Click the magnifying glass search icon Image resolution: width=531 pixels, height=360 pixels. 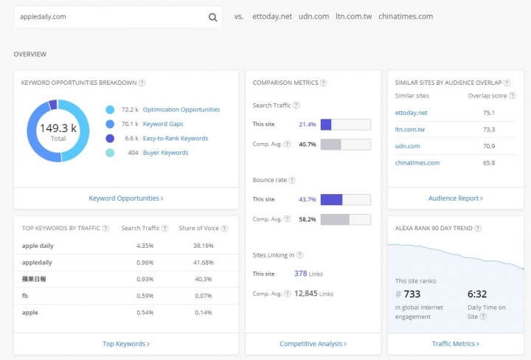click(212, 17)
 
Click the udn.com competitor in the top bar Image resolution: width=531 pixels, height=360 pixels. click(313, 16)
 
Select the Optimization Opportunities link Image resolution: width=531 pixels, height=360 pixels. click(181, 110)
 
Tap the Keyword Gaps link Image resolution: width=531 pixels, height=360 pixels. click(163, 124)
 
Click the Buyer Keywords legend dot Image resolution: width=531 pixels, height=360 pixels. click(110, 153)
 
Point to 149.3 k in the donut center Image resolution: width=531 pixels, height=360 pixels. click(58, 128)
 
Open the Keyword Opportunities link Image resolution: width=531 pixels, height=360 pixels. click(126, 198)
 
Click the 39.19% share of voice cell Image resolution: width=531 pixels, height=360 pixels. click(204, 246)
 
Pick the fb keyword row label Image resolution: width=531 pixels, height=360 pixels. click(25, 296)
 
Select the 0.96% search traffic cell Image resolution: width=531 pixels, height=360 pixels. click(145, 263)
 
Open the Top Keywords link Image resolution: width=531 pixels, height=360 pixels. click(126, 344)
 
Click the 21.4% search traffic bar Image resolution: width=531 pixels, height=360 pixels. click(345, 125)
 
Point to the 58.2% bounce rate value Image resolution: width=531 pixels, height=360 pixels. click(307, 219)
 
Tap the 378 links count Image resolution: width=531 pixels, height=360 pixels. click(300, 274)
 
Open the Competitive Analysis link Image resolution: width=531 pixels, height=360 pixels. click(313, 344)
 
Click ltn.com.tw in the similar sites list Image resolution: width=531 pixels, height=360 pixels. click(410, 129)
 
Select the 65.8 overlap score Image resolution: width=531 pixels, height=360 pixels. click(489, 163)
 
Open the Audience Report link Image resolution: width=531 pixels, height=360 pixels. click(456, 198)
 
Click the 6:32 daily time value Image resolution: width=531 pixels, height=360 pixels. click(477, 294)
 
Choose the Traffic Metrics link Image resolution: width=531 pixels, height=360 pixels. click(456, 344)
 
